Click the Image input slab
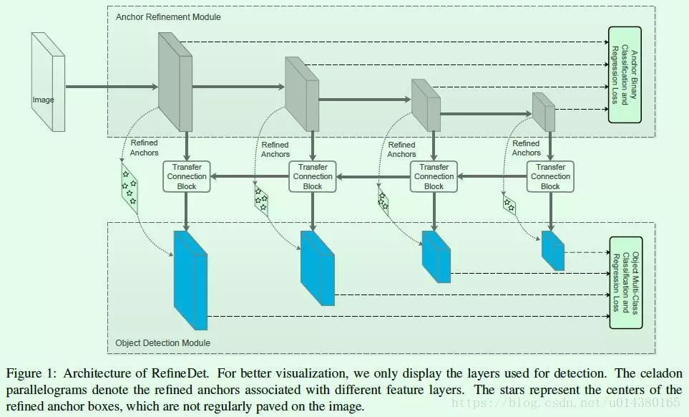pyautogui.click(x=47, y=84)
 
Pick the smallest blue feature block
pyautogui.click(x=552, y=250)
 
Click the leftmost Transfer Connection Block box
pyautogui.click(x=187, y=176)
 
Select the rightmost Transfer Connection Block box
pyautogui.click(x=550, y=176)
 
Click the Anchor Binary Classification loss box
pyautogui.click(x=624, y=75)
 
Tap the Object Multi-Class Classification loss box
pyautogui.click(x=625, y=283)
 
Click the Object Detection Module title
pyautogui.click(x=163, y=343)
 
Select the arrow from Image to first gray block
pyautogui.click(x=111, y=87)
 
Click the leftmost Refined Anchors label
pyautogui.click(x=145, y=148)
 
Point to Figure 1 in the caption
pyautogui.click(x=30, y=374)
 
